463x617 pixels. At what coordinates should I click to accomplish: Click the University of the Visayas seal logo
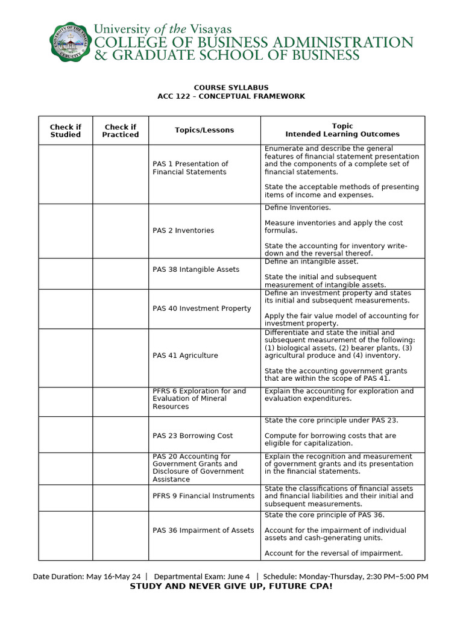pos(69,42)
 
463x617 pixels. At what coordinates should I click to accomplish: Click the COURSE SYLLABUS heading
pos(231,87)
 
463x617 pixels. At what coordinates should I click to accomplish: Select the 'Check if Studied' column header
pos(65,131)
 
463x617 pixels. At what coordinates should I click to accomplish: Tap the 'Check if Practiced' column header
pos(120,131)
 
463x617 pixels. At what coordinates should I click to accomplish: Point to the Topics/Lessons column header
pos(204,130)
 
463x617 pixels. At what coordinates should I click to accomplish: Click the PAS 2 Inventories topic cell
pos(183,231)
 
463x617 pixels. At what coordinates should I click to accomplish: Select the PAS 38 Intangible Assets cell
pos(196,269)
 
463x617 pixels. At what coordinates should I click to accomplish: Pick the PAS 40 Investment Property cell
pos(201,308)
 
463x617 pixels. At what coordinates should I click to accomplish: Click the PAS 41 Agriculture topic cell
pos(185,355)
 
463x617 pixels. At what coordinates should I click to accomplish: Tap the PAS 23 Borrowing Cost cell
pos(192,436)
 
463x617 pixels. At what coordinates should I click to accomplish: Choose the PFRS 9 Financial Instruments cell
pos(204,496)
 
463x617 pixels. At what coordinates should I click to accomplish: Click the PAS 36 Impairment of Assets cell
pos(203,530)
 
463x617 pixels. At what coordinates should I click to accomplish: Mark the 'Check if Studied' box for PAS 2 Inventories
pos(65,231)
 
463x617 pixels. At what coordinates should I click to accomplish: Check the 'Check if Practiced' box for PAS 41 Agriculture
pos(120,357)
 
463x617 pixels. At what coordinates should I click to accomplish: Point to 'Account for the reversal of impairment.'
pos(333,553)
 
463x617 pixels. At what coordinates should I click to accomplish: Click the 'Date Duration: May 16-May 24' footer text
pos(86,577)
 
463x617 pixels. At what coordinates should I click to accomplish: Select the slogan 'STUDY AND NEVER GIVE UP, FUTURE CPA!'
pos(231,586)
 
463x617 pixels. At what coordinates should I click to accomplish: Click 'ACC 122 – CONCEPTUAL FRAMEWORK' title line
pos(231,96)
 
